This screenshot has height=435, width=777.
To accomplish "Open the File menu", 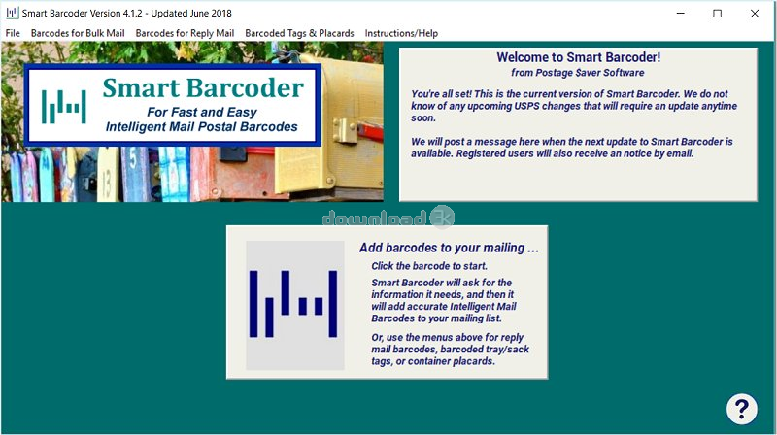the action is point(13,33).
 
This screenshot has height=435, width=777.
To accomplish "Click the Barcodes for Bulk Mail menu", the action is point(78,33).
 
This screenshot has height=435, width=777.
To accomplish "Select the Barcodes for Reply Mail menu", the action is point(185,33).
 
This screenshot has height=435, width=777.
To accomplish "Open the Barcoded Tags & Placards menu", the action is point(299,33).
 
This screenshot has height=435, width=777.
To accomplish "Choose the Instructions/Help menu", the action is point(401,33).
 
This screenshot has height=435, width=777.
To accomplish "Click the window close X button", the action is point(755,14).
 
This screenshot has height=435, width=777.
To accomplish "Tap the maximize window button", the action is point(717,14).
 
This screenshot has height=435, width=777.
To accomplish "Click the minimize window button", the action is point(681,14).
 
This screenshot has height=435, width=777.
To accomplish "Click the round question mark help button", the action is point(741,409).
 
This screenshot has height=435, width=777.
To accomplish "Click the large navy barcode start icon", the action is point(295,305).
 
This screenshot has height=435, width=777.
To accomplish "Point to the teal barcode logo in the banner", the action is point(64,107).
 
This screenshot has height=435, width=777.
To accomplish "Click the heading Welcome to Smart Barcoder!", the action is point(578,57).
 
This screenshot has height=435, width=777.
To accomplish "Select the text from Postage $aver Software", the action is point(578,73).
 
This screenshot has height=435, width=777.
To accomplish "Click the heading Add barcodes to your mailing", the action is point(449,248).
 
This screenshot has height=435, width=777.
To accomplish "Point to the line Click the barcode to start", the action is point(429,266).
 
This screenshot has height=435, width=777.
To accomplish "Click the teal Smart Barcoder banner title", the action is point(203,88).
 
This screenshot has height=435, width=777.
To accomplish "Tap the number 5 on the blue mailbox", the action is point(133,158).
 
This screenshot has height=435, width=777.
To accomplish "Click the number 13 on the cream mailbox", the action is point(107,184).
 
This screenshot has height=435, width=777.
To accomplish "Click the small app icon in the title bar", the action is point(13,13).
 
